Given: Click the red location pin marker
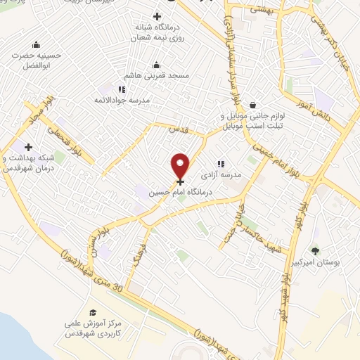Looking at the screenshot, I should [181, 165].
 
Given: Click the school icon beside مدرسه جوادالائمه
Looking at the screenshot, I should [122, 89].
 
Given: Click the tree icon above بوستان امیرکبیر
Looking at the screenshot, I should [315, 250].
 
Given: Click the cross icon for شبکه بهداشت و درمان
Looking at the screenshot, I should [28, 148].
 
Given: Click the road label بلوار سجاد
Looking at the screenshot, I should [33, 108].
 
